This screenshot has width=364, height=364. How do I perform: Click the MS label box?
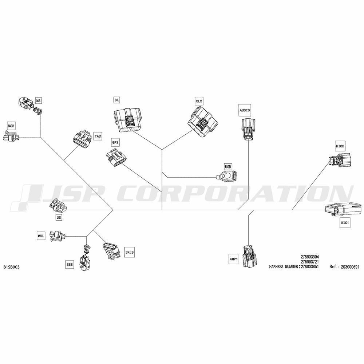[x=38, y=100]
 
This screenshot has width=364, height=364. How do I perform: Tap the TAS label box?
[x=98, y=136]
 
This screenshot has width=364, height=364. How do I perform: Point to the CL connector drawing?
[x=127, y=120]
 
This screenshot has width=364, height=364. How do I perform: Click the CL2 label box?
[x=199, y=101]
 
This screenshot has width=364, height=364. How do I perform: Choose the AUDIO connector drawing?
[x=248, y=129]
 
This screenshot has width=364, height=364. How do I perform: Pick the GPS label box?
[x=115, y=142]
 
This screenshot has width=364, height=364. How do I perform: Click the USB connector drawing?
[x=226, y=175]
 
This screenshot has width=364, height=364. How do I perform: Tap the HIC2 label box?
[x=340, y=146]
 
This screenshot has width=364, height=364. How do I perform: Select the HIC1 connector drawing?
[x=344, y=209]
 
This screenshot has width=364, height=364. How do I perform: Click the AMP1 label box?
[x=234, y=259]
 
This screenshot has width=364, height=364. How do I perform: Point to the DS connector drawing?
[x=58, y=206]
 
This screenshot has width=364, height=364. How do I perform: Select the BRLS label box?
[x=129, y=252]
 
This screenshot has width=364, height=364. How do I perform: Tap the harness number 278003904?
[x=310, y=257]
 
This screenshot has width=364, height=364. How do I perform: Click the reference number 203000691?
[x=350, y=267]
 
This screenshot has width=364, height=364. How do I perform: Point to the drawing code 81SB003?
[x=12, y=267]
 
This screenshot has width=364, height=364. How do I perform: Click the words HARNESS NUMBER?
[x=284, y=267]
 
